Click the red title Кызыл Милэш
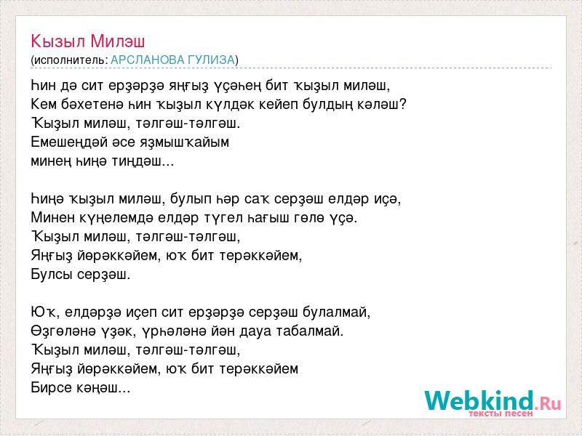[x=87, y=41]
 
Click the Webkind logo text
[x=479, y=401]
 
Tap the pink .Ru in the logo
[x=548, y=403]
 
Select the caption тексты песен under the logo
[x=501, y=413]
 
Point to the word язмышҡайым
[x=185, y=142]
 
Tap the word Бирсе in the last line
[x=52, y=388]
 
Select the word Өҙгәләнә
[x=65, y=331]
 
